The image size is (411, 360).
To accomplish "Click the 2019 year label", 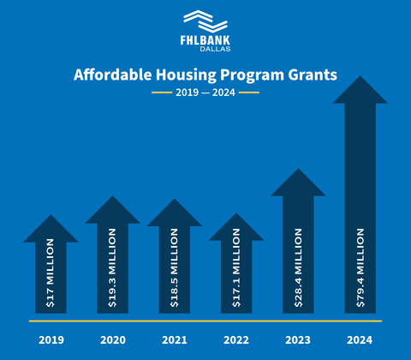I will pos(51,340).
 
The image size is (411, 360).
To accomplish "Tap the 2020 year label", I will pos(112,340).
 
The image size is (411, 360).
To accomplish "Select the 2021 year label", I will pos(174,340).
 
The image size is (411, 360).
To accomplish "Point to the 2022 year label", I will pos(235,340).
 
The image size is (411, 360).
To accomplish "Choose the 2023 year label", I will pos(298,340).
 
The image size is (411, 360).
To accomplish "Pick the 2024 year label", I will pos(360,340).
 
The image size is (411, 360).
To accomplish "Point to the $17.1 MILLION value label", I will pos(236,272).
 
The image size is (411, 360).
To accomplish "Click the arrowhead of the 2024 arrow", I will pos(360,91).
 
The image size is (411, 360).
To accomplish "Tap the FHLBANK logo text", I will pos(205,39).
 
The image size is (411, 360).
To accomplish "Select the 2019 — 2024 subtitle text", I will pos(205,92).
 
